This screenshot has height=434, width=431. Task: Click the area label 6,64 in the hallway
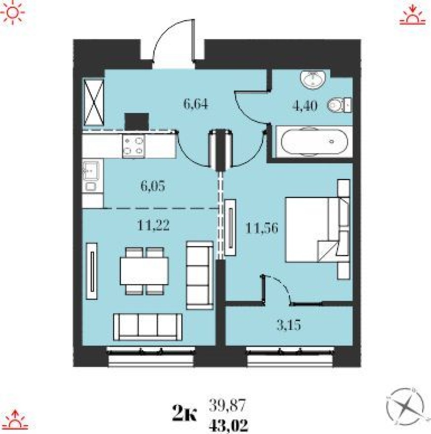tap(197, 104)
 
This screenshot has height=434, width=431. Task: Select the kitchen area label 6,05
tap(151, 186)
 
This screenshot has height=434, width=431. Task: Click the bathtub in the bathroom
tap(315, 142)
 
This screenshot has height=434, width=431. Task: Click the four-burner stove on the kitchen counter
tap(133, 146)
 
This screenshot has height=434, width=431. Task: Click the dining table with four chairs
tap(144, 271)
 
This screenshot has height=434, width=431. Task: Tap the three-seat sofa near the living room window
tap(148, 326)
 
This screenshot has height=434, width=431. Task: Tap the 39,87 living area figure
tap(227, 406)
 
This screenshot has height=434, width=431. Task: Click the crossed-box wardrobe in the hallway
tap(94, 103)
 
